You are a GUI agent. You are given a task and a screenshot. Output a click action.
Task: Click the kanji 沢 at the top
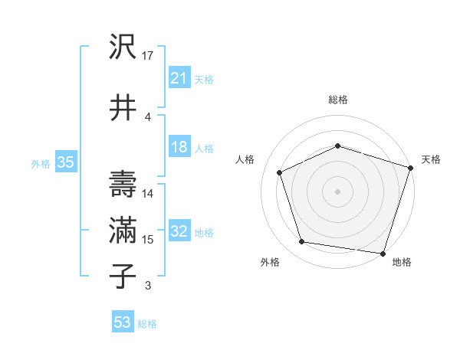point(123,48)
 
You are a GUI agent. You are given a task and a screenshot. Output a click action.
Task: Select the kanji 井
point(123,107)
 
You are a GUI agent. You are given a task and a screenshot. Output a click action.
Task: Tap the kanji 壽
point(123,183)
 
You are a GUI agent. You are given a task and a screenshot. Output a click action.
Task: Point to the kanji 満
point(123,229)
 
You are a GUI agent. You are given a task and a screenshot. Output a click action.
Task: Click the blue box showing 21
point(179,77)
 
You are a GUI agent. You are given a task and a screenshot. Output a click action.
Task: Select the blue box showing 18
point(179,147)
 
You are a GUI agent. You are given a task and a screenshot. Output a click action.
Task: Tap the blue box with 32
point(179,231)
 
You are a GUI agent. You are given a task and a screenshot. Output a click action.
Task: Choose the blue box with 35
point(65,162)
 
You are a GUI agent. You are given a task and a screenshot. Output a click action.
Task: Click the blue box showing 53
point(123,322)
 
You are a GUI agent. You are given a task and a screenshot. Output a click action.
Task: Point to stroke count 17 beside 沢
point(149,56)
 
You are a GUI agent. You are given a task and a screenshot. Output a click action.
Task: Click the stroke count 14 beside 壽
point(149,193)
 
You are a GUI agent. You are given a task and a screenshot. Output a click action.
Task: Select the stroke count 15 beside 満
point(149,240)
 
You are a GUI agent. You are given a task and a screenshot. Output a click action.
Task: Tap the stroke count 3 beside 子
point(147,286)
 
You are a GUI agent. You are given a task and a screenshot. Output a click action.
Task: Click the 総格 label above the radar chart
point(337,100)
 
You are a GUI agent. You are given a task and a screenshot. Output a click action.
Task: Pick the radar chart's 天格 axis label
point(431,159)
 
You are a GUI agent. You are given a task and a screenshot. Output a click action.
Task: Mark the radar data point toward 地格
point(383,253)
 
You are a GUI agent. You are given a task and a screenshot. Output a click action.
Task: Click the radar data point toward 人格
point(280,172)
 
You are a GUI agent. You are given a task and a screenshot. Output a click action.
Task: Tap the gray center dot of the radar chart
point(337,191)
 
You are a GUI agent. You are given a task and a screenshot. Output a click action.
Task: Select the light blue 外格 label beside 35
point(41,163)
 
